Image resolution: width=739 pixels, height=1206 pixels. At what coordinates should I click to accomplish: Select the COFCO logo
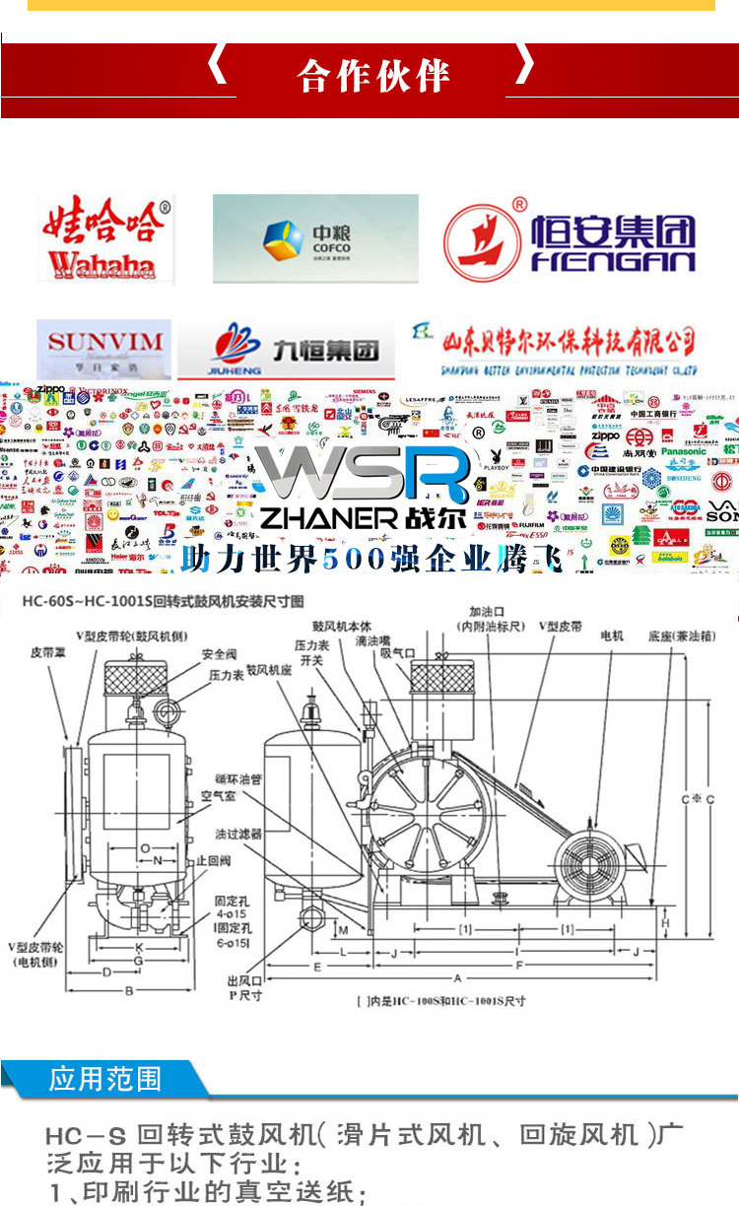tap(314, 238)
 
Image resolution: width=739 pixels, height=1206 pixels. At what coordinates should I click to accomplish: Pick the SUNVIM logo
tap(103, 347)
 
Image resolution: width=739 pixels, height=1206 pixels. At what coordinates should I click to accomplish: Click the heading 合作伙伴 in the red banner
tap(373, 76)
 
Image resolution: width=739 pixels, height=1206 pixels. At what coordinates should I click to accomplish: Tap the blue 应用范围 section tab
tap(104, 1078)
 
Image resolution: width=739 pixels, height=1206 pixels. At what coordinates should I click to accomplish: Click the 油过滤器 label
tap(238, 833)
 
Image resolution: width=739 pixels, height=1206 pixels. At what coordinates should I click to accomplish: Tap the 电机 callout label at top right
tap(613, 636)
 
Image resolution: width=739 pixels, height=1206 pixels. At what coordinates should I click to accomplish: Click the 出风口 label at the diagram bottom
tap(242, 981)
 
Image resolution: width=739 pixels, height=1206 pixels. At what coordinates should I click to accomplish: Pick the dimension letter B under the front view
tap(129, 990)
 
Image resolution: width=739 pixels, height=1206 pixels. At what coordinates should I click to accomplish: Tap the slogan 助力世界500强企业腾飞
tap(371, 560)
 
